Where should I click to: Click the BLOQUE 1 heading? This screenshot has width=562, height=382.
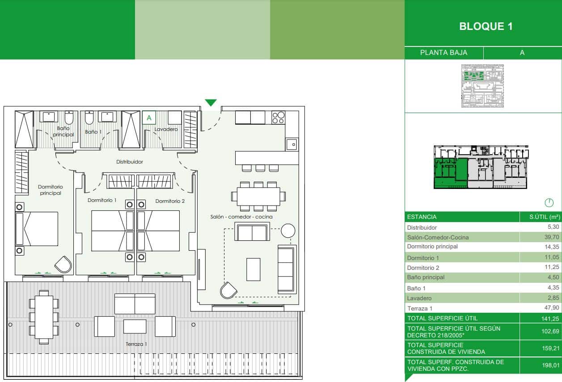coord(486,26)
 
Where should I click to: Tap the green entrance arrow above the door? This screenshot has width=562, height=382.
coord(211,103)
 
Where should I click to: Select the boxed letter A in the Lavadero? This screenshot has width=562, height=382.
coord(149,118)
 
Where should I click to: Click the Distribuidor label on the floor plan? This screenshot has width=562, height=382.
coord(130,162)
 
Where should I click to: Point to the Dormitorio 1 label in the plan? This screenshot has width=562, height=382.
coord(102,201)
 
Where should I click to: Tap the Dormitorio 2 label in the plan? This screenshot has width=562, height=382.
coord(170,201)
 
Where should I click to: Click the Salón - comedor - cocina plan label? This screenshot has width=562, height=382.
coord(241,217)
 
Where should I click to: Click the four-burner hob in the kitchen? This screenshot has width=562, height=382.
coord(278,118)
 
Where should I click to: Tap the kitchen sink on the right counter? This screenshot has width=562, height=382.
coord(292,144)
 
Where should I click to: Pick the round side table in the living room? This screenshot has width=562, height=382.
coord(288,231)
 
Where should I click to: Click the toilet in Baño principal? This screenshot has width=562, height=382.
coord(69,118)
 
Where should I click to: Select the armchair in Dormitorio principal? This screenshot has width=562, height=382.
coord(63,264)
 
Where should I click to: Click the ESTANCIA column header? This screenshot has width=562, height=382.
coord(422,217)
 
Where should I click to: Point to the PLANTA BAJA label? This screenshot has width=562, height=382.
coord(444,53)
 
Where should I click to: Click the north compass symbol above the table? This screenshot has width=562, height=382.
coord(549,203)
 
